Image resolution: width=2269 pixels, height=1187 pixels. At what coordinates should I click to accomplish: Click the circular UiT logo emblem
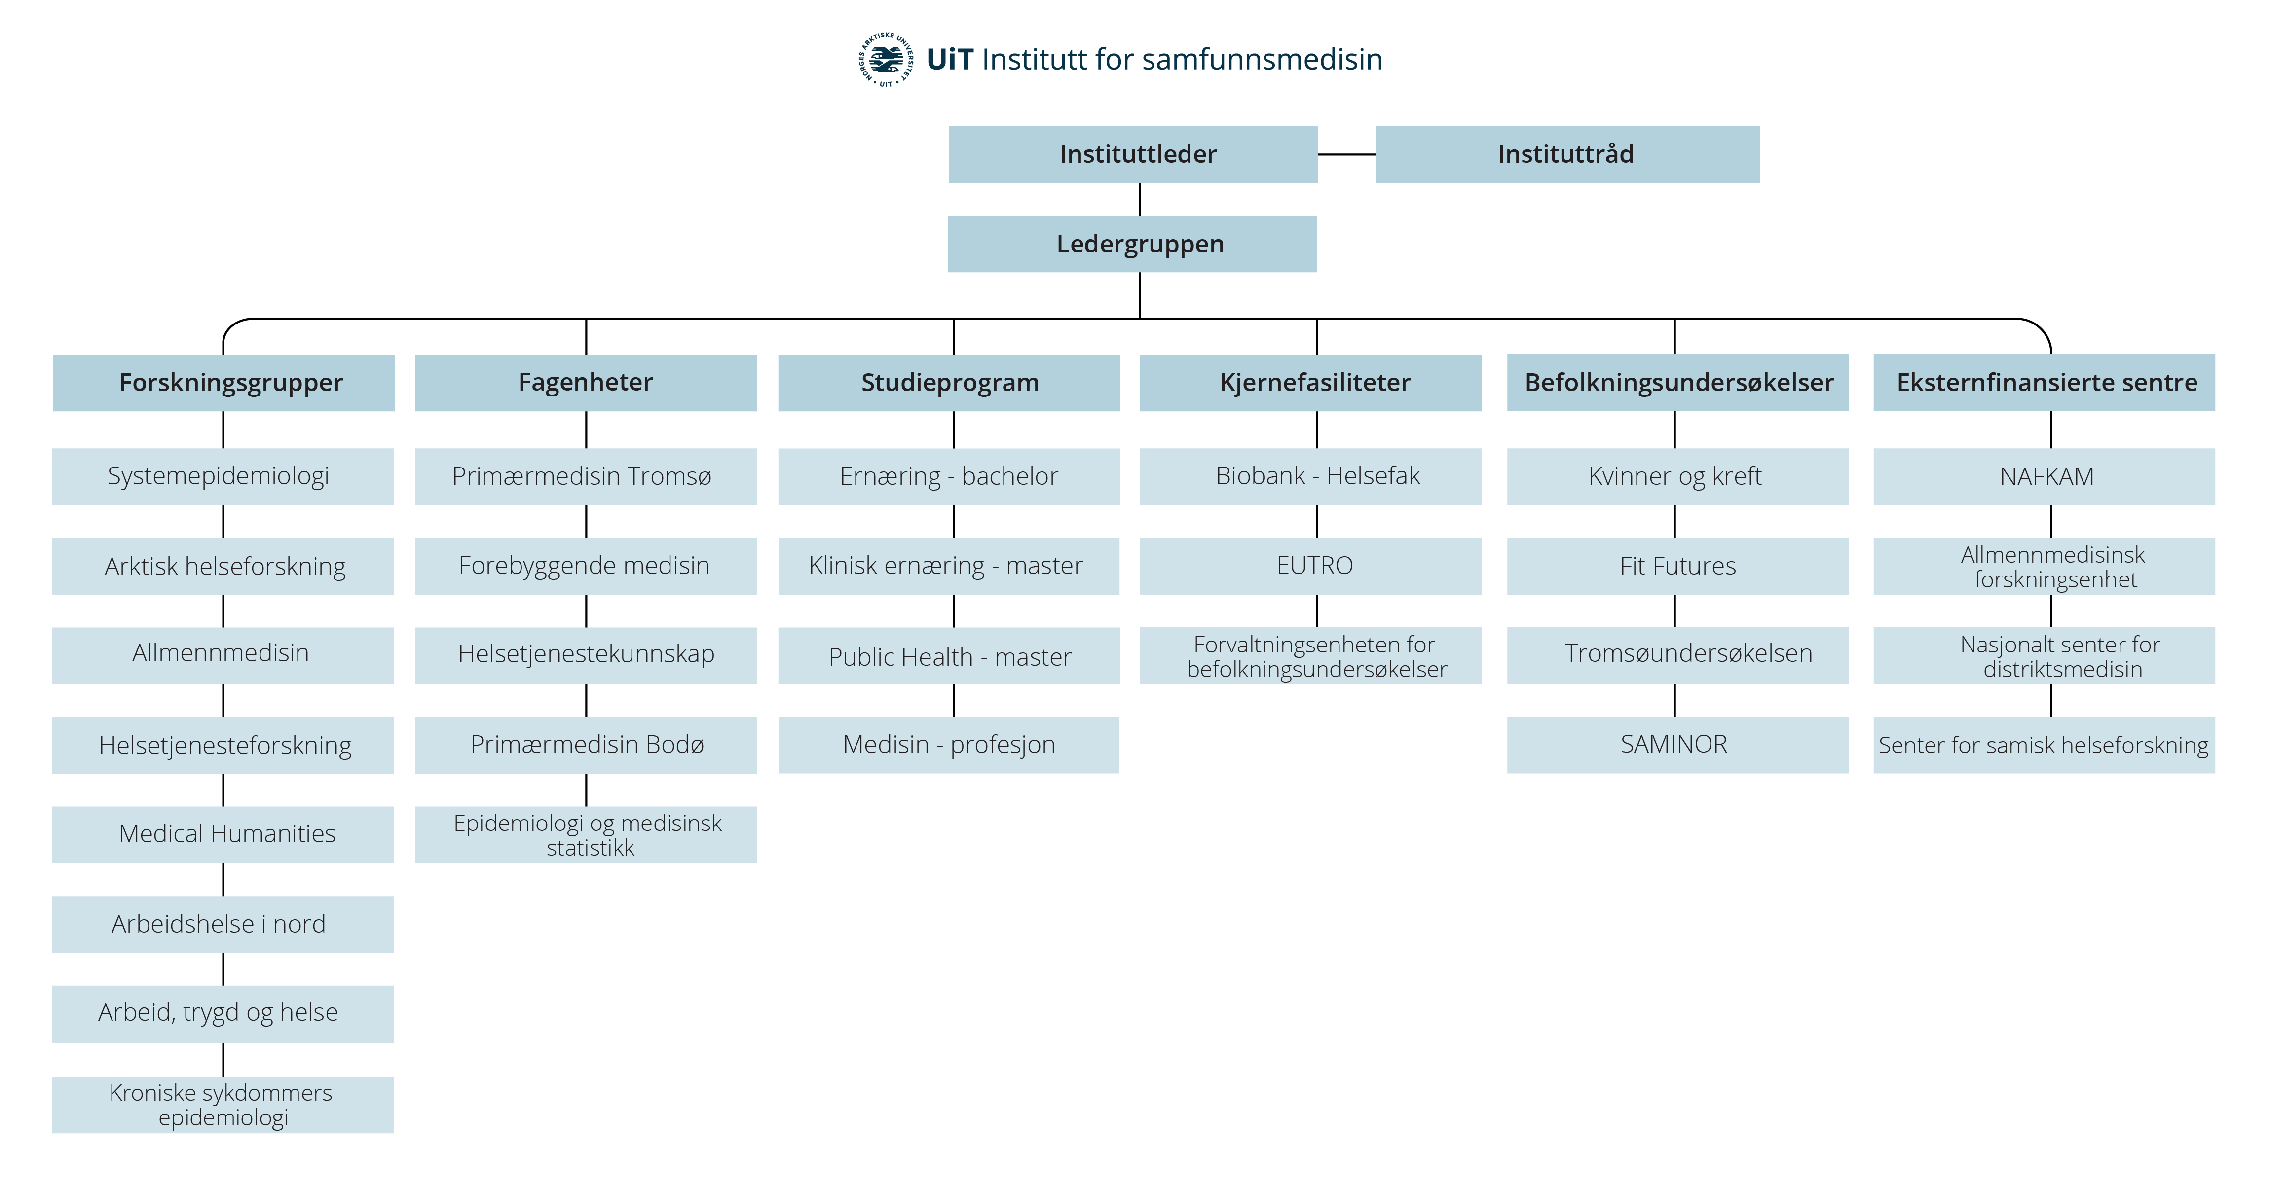[886, 60]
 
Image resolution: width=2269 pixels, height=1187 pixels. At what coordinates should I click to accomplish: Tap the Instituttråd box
[1567, 154]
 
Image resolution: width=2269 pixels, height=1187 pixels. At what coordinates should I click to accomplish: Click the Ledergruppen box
[1132, 244]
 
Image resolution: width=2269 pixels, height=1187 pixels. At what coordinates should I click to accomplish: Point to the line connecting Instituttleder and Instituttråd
[1347, 154]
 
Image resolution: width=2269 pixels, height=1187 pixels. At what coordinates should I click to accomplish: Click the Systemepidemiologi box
[223, 476]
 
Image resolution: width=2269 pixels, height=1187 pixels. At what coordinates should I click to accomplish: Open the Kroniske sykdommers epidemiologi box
[223, 1104]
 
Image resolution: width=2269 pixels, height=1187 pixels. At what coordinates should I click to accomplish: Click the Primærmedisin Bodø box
[586, 745]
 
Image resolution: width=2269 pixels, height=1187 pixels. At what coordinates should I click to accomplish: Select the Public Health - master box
[949, 656]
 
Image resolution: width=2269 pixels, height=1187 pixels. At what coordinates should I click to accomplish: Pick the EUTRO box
[1311, 566]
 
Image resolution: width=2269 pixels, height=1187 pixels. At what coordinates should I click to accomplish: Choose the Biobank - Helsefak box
[1311, 476]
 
